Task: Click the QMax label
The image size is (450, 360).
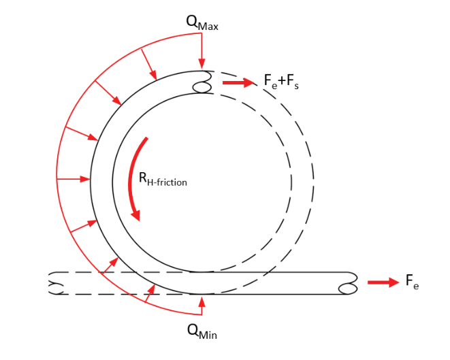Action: (x=202, y=23)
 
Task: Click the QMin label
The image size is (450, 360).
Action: (x=202, y=331)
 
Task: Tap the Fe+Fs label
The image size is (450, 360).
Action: (x=281, y=82)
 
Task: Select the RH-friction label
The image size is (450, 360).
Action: (x=163, y=179)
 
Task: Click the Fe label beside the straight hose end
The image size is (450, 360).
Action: (x=412, y=281)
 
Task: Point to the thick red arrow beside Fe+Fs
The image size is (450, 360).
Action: (x=238, y=82)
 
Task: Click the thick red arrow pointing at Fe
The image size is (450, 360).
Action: (x=383, y=282)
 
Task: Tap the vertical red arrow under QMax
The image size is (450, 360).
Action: (x=202, y=51)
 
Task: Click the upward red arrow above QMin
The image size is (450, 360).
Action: (x=202, y=306)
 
